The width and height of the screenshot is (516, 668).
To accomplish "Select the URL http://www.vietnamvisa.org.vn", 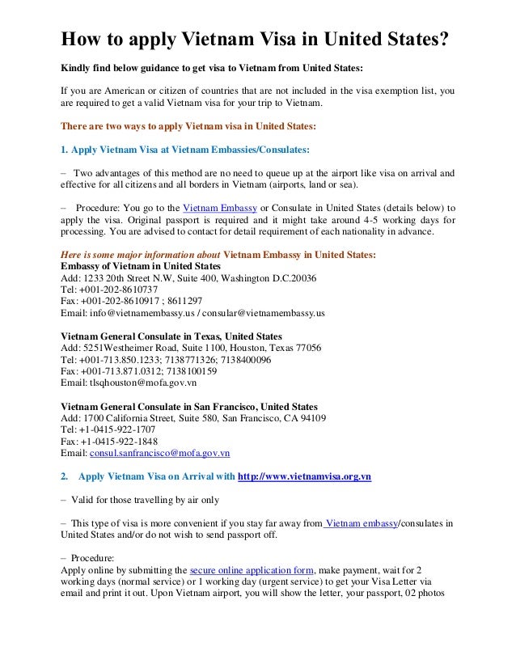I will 304,477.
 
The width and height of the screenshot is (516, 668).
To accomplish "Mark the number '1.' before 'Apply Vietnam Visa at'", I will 65,149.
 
